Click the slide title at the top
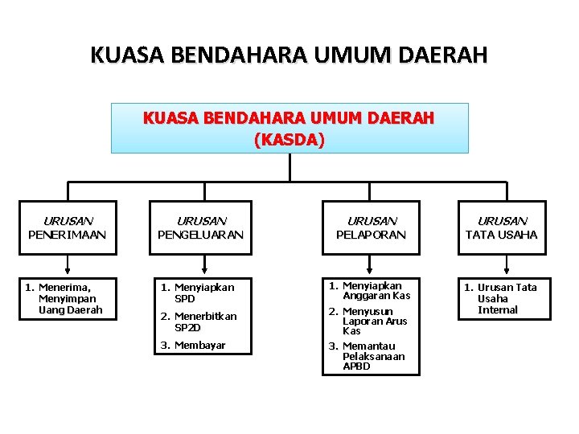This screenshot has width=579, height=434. (289, 55)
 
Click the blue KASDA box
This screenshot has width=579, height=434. (289, 128)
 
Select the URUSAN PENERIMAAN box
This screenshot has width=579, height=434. (68, 227)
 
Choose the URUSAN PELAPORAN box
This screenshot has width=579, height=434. (372, 227)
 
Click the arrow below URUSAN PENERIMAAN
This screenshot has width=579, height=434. (68, 266)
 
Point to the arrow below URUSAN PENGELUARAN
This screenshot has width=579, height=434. (205, 266)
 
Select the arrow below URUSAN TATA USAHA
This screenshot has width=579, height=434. (506, 266)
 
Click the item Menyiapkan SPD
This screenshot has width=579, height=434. (197, 293)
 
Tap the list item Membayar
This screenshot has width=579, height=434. (193, 346)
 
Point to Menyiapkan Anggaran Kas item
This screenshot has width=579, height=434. (369, 290)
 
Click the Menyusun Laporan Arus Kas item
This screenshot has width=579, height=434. (369, 321)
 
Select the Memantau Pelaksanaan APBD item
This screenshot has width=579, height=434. (369, 356)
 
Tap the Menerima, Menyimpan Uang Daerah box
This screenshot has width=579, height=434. (68, 298)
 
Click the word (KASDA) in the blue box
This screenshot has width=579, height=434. (289, 139)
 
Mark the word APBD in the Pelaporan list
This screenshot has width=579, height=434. (356, 366)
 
